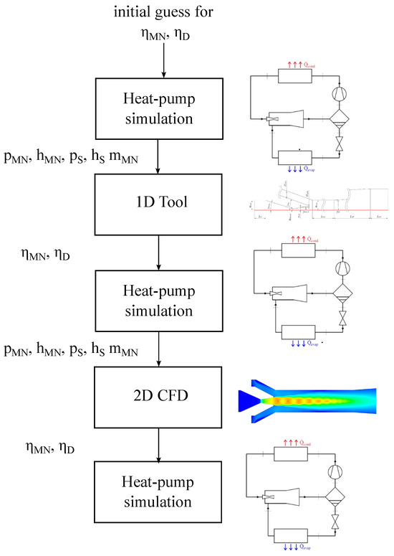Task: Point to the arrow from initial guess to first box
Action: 164,61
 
